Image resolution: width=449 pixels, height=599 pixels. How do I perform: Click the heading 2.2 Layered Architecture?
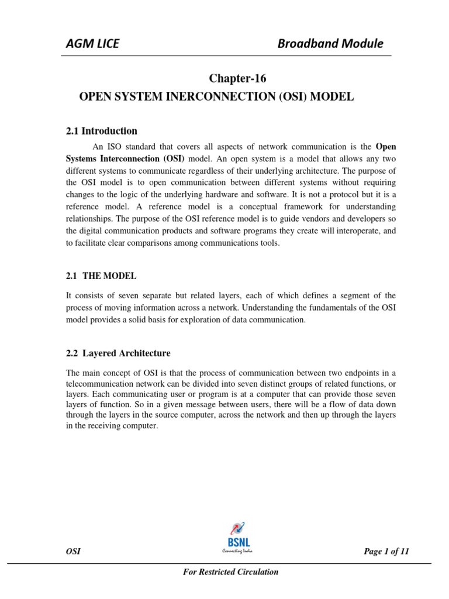[x=118, y=353]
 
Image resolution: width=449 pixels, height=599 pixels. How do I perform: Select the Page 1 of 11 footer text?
[x=386, y=551]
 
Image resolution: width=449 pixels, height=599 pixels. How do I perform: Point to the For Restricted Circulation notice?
[x=231, y=572]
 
